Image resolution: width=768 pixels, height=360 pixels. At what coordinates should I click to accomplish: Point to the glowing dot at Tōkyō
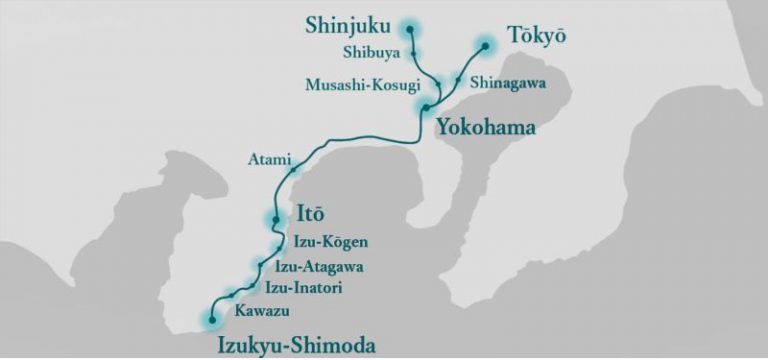(485, 45)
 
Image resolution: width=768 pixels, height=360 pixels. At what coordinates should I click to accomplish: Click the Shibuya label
(370, 53)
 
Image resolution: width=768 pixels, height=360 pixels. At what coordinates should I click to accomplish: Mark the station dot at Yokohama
(426, 107)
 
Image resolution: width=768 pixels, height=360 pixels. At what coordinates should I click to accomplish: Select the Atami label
(268, 159)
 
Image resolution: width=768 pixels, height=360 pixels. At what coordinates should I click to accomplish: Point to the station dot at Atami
(293, 171)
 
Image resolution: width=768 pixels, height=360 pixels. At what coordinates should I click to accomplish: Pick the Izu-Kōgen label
(331, 242)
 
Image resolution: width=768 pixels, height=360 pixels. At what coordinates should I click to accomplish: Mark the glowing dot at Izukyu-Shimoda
(211, 320)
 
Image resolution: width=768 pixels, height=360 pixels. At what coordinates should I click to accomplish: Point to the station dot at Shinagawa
(458, 78)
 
